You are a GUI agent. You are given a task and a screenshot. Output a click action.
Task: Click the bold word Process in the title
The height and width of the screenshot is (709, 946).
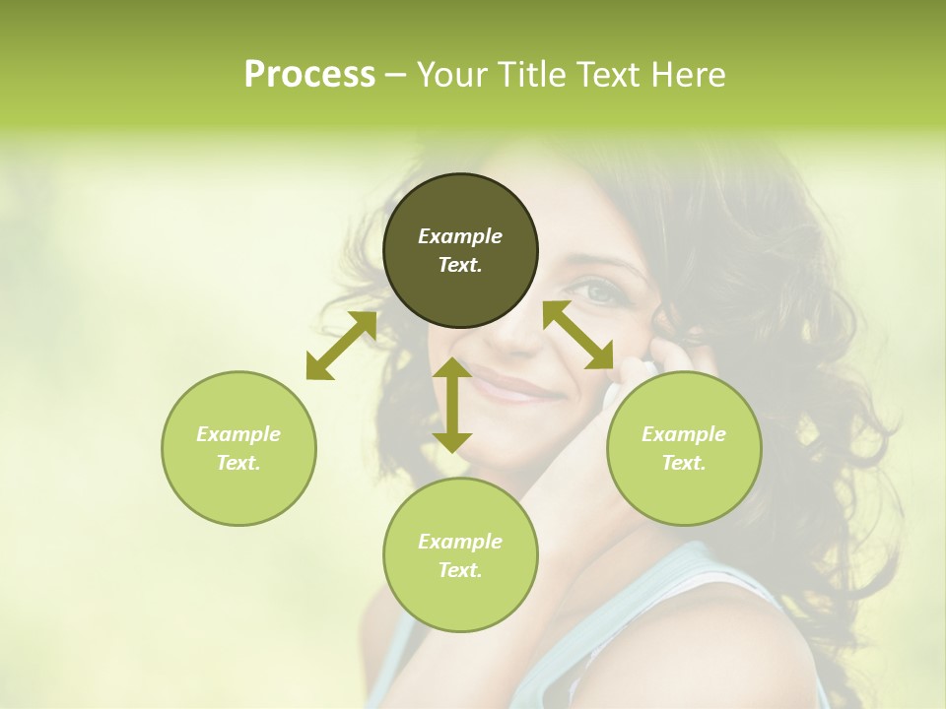coord(309,75)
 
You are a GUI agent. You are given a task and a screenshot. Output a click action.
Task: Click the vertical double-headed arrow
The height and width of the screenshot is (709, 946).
coord(452,405)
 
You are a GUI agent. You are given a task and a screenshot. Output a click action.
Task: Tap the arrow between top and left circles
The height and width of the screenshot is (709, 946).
coord(341,346)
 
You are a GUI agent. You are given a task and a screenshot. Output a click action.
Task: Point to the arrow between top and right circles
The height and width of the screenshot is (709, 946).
coord(578,335)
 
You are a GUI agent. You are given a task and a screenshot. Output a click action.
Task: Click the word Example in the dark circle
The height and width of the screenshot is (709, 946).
coord(460,236)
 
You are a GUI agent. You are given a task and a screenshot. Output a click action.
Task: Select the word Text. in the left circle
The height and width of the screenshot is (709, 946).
coord(238,463)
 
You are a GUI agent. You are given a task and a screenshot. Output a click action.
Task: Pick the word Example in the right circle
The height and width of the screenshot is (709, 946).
coord(684,434)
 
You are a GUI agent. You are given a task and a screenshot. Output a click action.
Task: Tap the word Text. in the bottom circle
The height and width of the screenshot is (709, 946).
coord(460,570)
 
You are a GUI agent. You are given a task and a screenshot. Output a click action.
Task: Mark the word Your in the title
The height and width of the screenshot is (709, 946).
coord(452,75)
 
